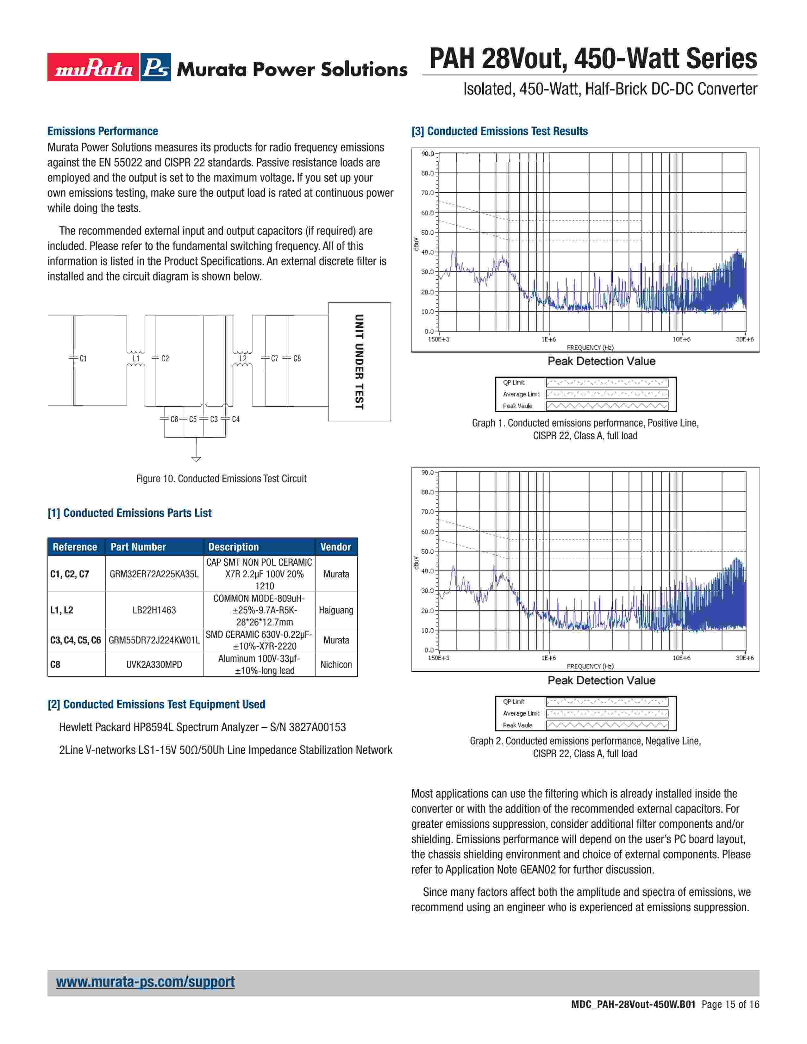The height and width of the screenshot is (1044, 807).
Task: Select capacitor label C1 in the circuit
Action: click(x=83, y=358)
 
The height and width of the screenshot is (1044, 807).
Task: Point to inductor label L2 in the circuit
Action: click(x=243, y=358)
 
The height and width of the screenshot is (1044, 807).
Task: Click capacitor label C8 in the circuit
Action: click(x=297, y=358)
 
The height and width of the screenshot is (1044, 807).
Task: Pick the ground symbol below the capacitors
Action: click(x=196, y=458)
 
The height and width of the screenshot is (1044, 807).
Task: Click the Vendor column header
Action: click(x=335, y=547)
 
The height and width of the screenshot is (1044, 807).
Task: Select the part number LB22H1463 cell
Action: click(x=154, y=610)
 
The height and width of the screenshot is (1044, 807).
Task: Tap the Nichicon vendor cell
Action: click(x=336, y=664)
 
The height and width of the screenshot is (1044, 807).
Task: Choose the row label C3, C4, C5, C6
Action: click(x=76, y=640)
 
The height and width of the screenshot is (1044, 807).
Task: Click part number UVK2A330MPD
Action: click(x=154, y=664)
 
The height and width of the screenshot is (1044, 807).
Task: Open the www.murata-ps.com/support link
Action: click(x=145, y=982)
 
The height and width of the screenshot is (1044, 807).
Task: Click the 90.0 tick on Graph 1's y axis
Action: click(x=428, y=154)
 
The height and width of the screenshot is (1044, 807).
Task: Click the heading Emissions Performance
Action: click(x=103, y=131)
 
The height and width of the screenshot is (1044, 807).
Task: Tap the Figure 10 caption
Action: click(x=221, y=478)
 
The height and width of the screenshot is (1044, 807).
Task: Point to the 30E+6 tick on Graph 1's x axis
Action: click(x=744, y=339)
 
